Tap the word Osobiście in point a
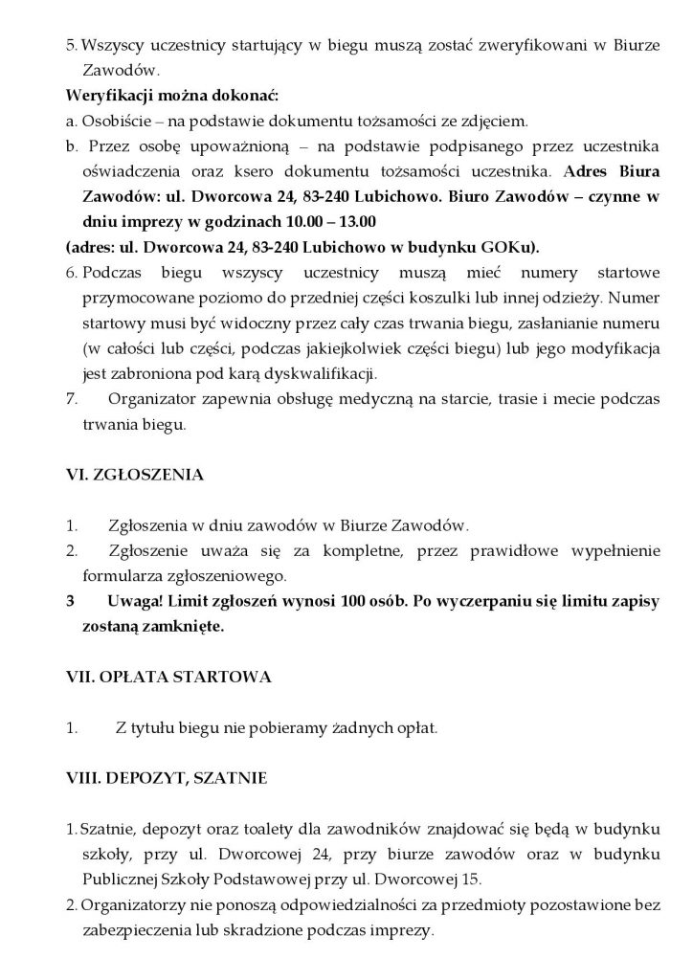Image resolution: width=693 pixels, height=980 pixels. click(x=111, y=122)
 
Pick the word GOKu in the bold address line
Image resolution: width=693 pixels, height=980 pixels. click(x=509, y=246)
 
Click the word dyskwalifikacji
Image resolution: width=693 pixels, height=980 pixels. click(x=314, y=370)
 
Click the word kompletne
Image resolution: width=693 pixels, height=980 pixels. click(x=344, y=552)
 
